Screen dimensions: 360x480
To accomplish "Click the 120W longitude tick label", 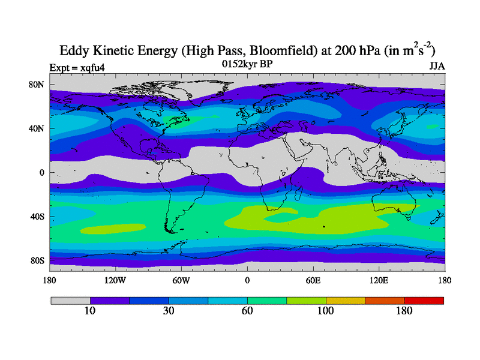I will (x=115, y=280).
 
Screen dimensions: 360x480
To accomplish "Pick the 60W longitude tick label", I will (x=181, y=280).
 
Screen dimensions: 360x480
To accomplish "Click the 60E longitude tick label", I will (x=313, y=280).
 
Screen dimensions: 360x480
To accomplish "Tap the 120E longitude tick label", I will (x=379, y=280).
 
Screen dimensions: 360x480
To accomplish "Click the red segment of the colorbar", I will (x=424, y=300).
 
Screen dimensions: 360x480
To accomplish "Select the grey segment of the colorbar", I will (x=70, y=300).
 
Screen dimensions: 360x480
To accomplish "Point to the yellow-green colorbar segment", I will (x=306, y=300).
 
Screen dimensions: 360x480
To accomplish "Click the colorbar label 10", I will (x=89, y=311).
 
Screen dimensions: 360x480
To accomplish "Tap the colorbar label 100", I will (x=325, y=311).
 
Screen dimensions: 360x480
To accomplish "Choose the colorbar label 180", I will (x=404, y=311).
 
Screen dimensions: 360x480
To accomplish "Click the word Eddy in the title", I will (x=73, y=50).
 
